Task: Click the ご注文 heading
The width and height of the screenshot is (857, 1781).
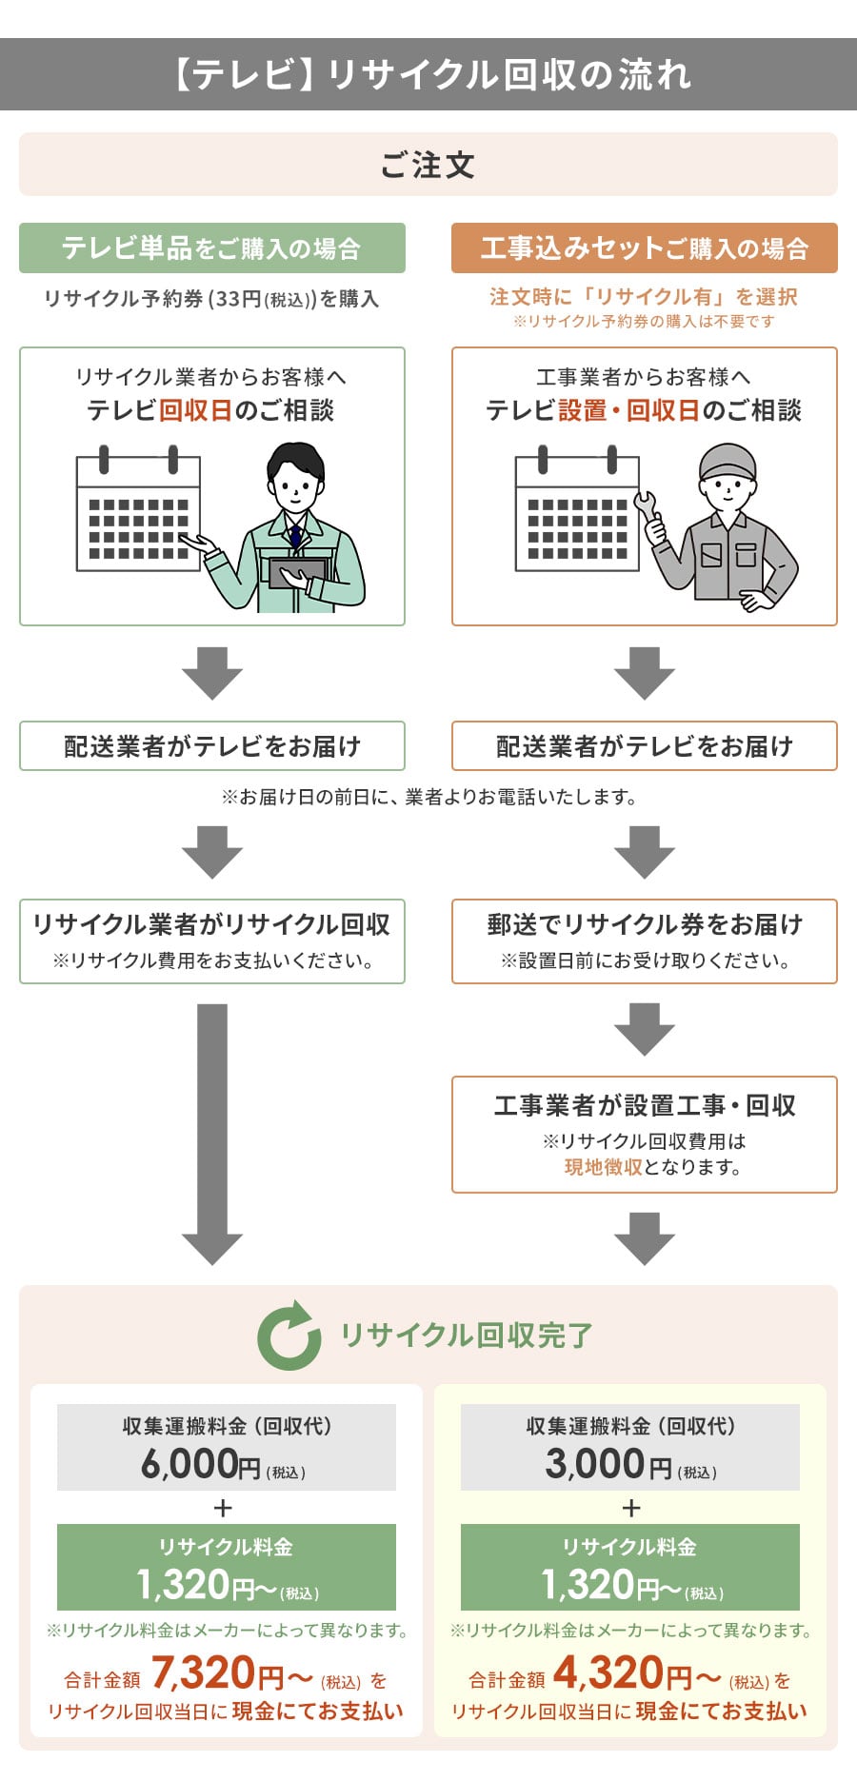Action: click(x=428, y=165)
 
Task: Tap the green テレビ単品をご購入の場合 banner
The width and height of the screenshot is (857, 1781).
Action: click(x=211, y=248)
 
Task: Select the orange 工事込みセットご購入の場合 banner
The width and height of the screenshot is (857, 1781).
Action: click(x=644, y=248)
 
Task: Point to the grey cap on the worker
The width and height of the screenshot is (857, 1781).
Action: click(x=727, y=461)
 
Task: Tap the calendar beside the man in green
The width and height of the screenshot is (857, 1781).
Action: click(x=138, y=514)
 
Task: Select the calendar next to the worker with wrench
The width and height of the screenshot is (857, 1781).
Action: click(x=577, y=514)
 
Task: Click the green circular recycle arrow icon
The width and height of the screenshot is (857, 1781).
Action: click(x=289, y=1336)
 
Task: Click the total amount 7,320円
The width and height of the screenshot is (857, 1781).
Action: click(x=217, y=1672)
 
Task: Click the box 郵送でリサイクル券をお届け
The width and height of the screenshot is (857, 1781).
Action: click(x=644, y=940)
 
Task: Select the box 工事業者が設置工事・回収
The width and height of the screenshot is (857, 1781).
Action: click(x=644, y=1134)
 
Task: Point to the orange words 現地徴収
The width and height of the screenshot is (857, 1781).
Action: click(x=603, y=1167)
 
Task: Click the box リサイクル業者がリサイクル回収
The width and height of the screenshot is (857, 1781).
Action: click(x=211, y=940)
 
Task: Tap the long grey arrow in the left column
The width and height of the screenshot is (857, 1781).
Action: click(x=212, y=1133)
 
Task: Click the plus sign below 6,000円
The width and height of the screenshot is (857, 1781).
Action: click(x=224, y=1508)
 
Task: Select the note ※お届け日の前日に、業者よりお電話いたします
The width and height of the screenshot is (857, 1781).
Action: click(x=428, y=797)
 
